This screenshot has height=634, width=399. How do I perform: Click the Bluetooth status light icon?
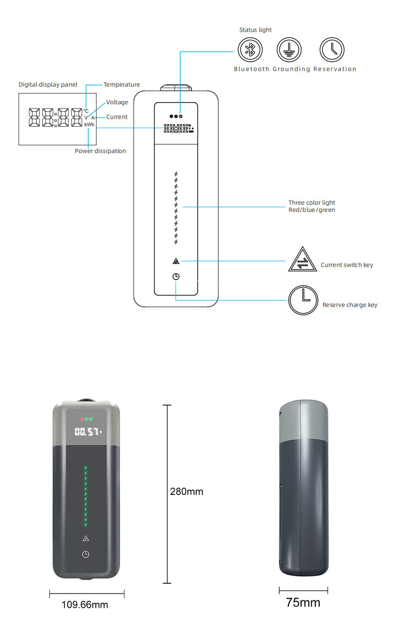click(250, 50)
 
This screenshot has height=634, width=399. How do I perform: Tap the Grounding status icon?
click(289, 50)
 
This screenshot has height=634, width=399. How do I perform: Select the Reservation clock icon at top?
click(332, 50)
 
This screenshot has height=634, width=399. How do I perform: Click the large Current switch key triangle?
click(302, 259)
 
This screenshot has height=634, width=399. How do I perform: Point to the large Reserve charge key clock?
click(303, 300)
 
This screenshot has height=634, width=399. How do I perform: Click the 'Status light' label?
click(255, 30)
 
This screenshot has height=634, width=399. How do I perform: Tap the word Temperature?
click(122, 85)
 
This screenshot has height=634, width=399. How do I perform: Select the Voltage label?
click(117, 102)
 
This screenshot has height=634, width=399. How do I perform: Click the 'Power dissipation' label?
click(100, 151)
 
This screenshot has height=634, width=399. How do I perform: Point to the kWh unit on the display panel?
click(89, 124)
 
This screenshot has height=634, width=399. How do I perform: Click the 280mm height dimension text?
click(186, 491)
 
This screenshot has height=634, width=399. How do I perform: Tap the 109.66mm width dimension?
click(85, 605)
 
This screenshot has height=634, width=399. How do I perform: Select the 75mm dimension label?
click(303, 602)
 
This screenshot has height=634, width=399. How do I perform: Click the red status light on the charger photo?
click(82, 419)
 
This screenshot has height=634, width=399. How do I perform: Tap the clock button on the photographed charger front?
click(86, 555)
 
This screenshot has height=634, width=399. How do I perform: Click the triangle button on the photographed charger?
click(86, 538)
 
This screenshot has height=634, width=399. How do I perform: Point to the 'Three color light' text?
click(312, 203)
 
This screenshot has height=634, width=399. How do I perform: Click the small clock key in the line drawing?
click(176, 277)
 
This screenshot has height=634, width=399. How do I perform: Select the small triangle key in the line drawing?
click(176, 261)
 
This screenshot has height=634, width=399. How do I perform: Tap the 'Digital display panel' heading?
click(48, 85)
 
